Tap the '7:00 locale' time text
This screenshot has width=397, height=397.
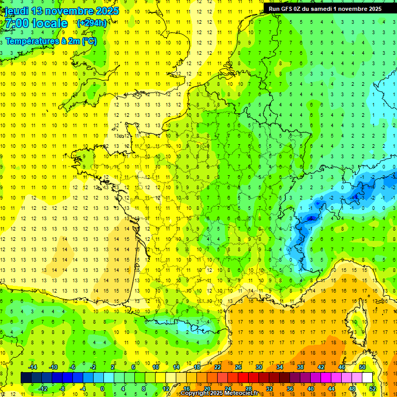tap(36, 23)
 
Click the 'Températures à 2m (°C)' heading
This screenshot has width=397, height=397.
tap(51, 41)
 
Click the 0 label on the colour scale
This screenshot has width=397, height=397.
tap(103, 389)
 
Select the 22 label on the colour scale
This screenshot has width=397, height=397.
tap(218, 367)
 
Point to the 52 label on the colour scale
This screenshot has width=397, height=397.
tap(373, 389)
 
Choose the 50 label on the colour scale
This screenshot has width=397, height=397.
tap(362, 367)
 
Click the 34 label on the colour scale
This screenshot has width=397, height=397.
tap(280, 367)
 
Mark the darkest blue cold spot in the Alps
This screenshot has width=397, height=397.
tap(311, 219)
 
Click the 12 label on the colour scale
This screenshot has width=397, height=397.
tap(165, 389)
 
